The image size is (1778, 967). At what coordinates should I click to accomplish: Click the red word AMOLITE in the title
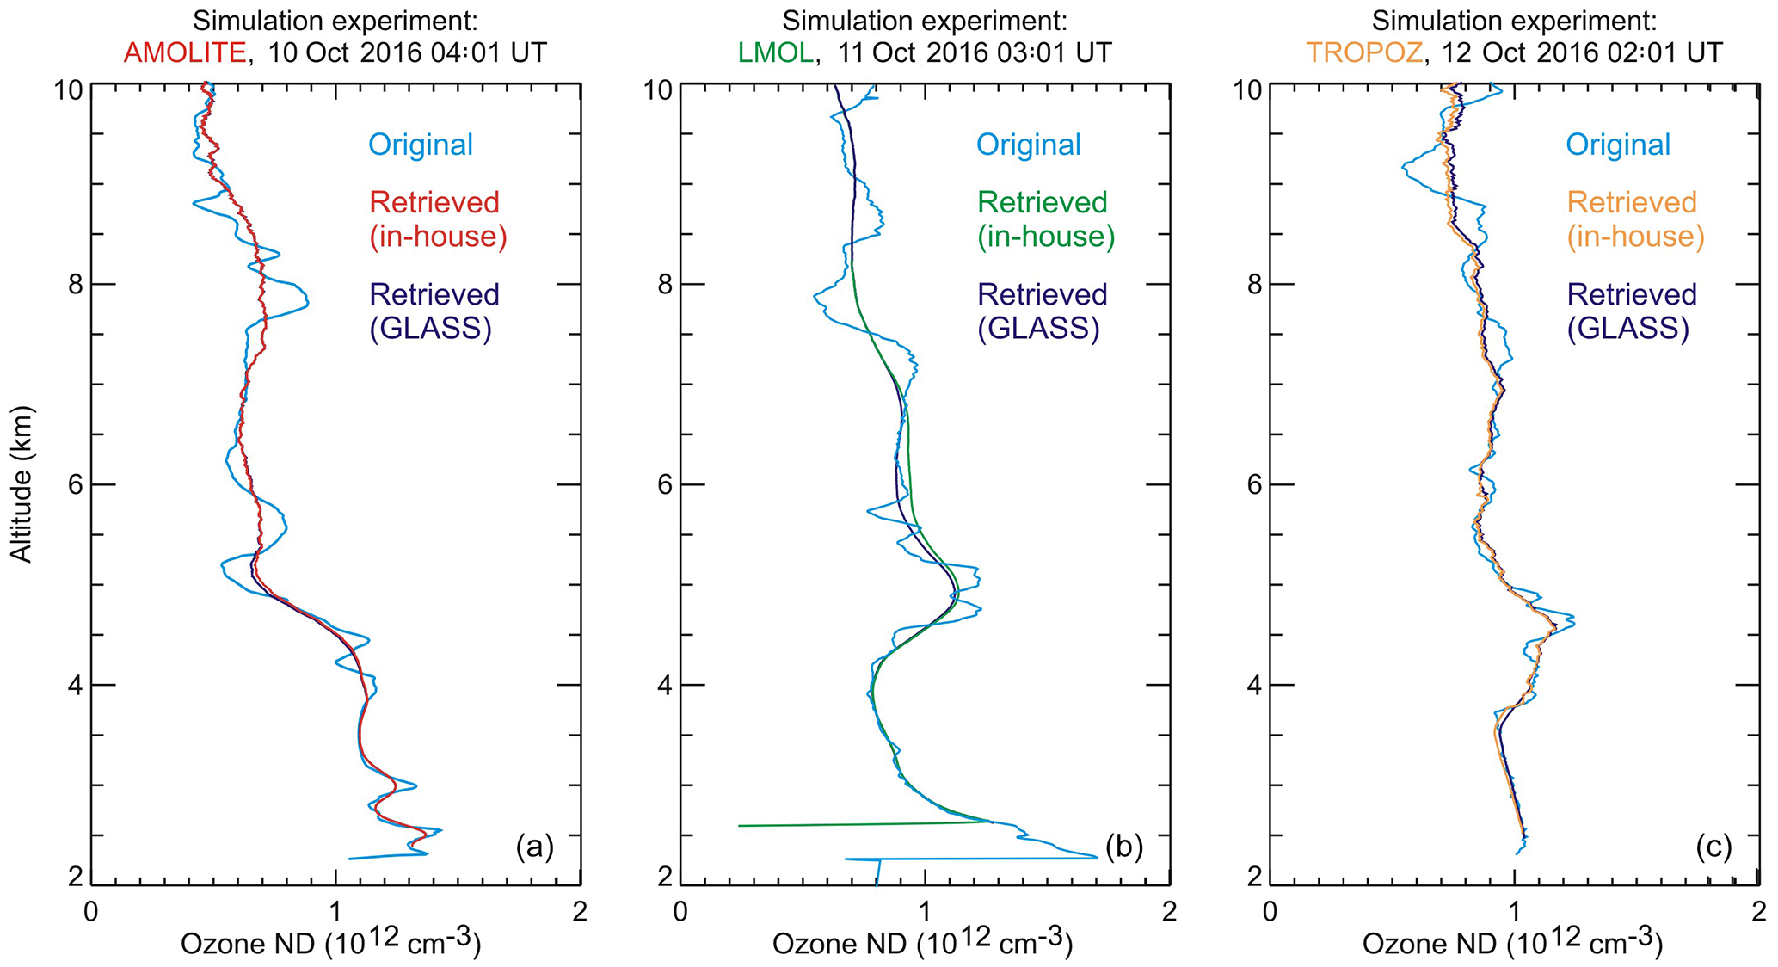[x=185, y=52]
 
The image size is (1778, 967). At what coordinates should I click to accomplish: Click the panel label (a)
[x=534, y=847]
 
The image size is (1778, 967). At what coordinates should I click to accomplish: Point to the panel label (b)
[x=1123, y=847]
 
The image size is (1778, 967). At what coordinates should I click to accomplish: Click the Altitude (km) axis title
[x=22, y=484]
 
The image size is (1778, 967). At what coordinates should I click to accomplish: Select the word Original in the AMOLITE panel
[x=421, y=145]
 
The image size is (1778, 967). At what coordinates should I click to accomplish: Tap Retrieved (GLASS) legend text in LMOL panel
[x=1039, y=311]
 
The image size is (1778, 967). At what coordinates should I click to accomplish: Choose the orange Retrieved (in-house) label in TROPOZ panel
[x=1634, y=219]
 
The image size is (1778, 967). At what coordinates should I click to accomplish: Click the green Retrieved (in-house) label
[x=1045, y=219]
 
